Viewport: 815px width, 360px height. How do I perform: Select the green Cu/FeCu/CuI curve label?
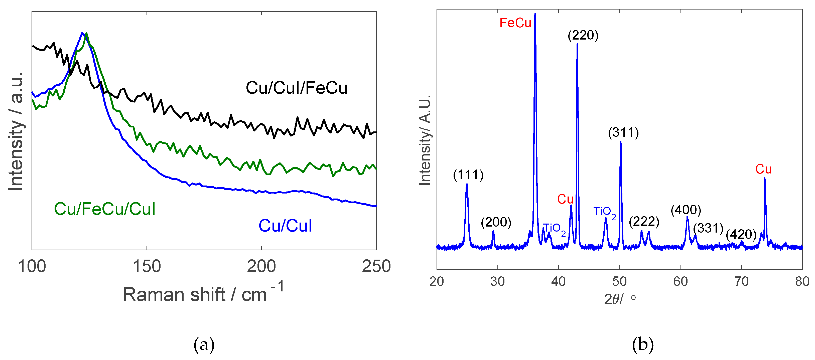pyautogui.click(x=104, y=209)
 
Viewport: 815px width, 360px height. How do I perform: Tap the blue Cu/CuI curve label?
pyautogui.click(x=285, y=226)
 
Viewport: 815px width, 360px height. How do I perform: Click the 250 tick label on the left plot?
pyautogui.click(x=376, y=266)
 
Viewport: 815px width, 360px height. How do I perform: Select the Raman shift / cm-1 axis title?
pyautogui.click(x=203, y=293)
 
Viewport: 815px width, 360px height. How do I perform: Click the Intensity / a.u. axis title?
pyautogui.click(x=16, y=131)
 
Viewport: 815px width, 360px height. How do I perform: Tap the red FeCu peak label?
pyautogui.click(x=515, y=23)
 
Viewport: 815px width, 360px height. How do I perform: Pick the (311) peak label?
pyautogui.click(x=623, y=132)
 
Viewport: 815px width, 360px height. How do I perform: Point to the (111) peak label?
pyautogui.click(x=468, y=175)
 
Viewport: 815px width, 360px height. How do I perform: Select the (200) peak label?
pyautogui.click(x=496, y=222)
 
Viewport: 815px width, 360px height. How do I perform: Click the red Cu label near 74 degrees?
pyautogui.click(x=763, y=169)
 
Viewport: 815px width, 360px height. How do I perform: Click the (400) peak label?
pyautogui.click(x=686, y=210)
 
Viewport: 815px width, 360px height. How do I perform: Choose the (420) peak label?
pyautogui.click(x=741, y=234)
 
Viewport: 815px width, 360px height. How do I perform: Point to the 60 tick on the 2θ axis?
pyautogui.click(x=680, y=281)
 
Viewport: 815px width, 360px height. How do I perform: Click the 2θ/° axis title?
pyautogui.click(x=619, y=298)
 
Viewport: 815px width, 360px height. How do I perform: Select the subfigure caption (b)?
pyautogui.click(x=643, y=344)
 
